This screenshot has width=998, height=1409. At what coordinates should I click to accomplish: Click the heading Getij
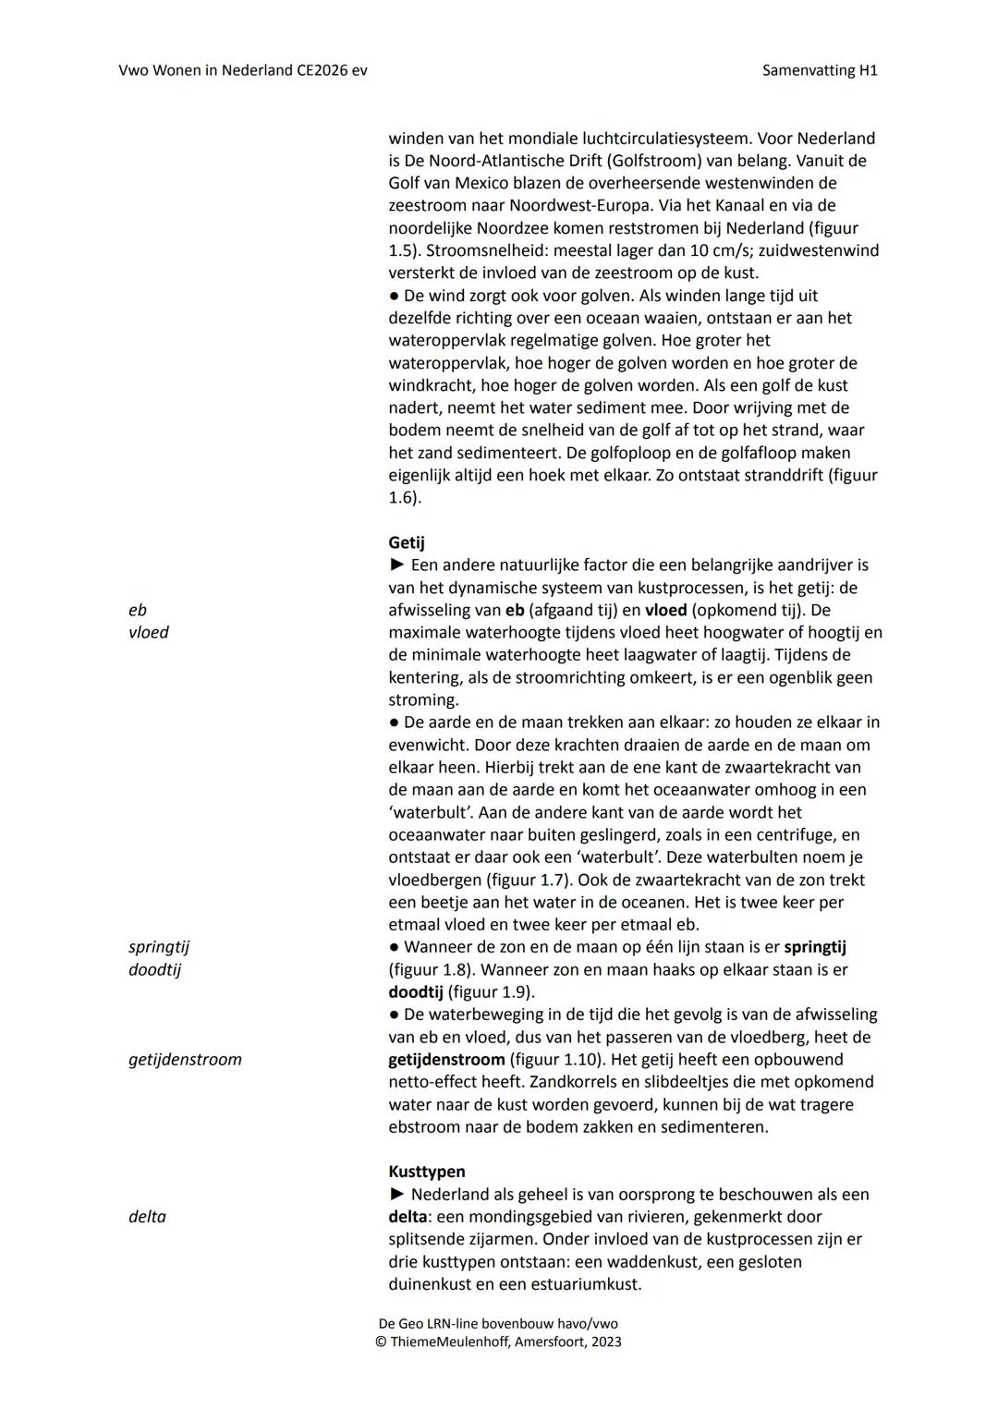[x=407, y=542]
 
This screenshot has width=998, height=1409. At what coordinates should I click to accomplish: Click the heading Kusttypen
[x=426, y=1172]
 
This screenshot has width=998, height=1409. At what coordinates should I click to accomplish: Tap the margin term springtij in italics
[x=159, y=947]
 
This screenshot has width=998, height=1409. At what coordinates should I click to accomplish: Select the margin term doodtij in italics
[x=154, y=969]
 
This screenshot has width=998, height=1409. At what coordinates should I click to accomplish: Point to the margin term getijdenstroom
[x=185, y=1060]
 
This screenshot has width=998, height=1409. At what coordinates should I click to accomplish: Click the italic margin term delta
[x=147, y=1217]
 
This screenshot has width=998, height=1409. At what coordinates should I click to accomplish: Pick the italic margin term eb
[x=138, y=610]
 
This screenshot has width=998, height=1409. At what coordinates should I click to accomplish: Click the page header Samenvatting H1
[x=819, y=70]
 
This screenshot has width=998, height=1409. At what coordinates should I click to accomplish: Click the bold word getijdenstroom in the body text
[x=446, y=1060]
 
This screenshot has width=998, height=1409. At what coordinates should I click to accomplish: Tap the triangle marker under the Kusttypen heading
[x=396, y=1195]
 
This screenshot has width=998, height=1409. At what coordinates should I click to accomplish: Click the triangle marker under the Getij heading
[x=396, y=565]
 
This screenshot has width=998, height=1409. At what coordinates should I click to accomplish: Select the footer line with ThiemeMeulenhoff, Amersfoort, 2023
[x=498, y=1342]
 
